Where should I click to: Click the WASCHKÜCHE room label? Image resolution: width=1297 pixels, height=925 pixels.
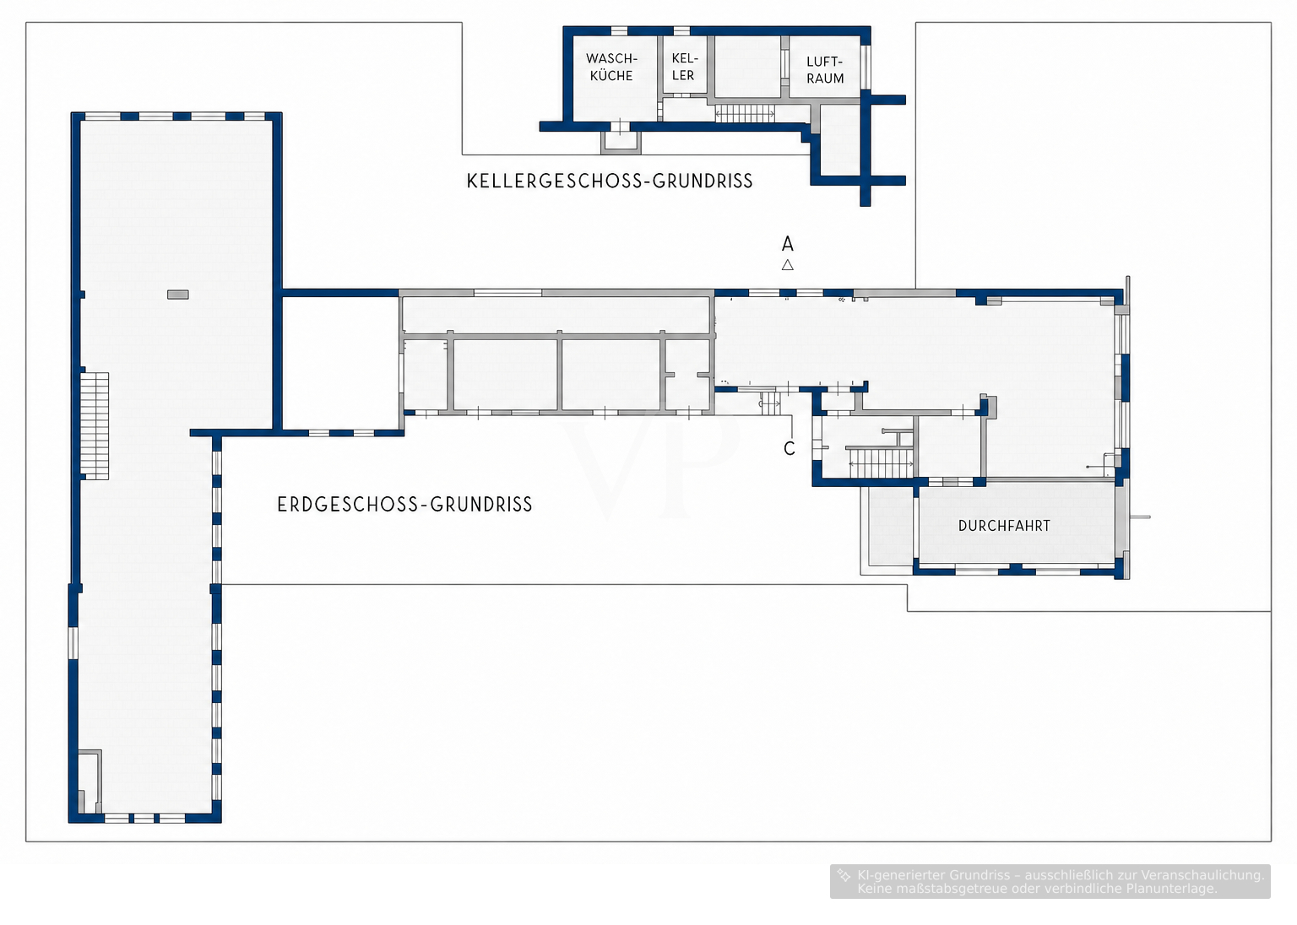[611, 67]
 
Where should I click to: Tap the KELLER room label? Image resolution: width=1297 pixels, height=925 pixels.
[685, 67]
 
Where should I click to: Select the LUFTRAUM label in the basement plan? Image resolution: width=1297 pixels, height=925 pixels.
[825, 69]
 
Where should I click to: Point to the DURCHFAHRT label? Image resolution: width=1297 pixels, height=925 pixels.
[1004, 526]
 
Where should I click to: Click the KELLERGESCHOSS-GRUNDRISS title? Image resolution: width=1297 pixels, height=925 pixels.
[610, 181]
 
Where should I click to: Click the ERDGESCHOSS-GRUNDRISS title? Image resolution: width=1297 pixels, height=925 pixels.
[404, 504]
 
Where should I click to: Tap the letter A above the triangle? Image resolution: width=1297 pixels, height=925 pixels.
[788, 244]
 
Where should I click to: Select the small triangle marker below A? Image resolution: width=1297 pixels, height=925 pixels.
[788, 265]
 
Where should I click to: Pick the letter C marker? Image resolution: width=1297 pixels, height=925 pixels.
[790, 449]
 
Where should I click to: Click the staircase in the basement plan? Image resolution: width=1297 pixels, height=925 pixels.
[746, 113]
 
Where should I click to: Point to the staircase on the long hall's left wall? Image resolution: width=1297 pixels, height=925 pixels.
[95, 426]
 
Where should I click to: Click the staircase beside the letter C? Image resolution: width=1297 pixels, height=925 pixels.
[882, 462]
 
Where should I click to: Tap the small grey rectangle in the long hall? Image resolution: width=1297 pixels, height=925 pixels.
[178, 295]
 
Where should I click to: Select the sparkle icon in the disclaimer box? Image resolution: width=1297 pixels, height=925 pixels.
[844, 875]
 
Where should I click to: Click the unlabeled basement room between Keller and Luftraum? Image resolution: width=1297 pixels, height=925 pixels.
[747, 67]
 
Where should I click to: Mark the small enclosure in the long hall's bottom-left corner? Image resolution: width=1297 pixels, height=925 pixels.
[90, 782]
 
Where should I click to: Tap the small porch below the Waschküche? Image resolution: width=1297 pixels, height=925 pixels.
[621, 142]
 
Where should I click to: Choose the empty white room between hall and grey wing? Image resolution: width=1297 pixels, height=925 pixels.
[340, 364]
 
